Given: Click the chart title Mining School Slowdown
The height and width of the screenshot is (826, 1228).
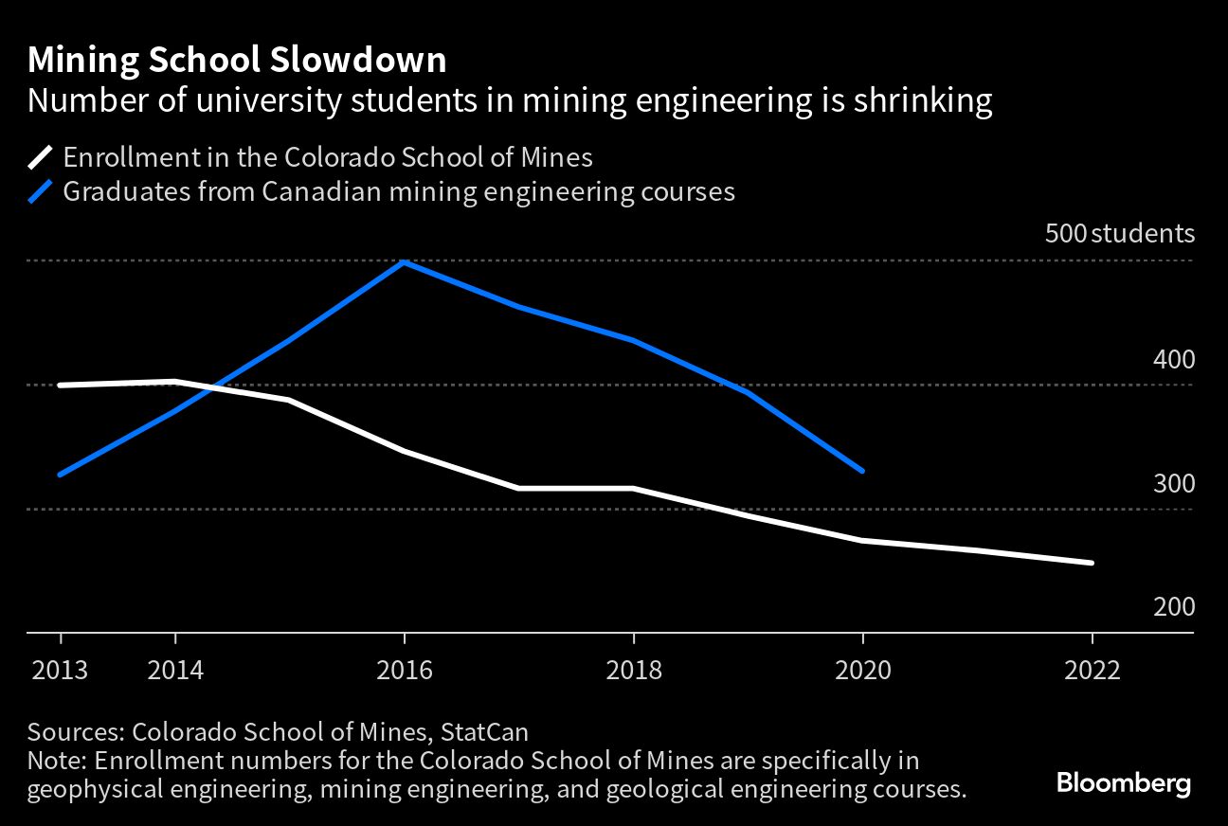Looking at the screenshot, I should (x=237, y=61).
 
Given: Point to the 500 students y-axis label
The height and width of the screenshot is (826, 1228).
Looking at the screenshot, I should (x=1119, y=234).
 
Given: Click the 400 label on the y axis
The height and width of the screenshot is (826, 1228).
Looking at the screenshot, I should (x=1174, y=360).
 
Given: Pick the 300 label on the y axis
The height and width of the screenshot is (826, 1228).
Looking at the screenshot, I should (x=1174, y=484).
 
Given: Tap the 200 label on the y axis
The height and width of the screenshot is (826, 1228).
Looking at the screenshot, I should (x=1174, y=607).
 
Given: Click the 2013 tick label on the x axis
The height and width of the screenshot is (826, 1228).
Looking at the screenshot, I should (x=61, y=671).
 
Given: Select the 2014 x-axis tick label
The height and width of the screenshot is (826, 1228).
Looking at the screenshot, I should (x=175, y=671).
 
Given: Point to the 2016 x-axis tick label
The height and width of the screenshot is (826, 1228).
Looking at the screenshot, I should (x=405, y=671).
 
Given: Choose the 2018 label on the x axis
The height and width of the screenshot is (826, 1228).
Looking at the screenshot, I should (x=634, y=671).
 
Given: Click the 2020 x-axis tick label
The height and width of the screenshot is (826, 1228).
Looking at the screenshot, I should (x=863, y=671).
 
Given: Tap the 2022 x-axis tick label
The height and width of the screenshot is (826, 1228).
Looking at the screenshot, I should (x=1093, y=671).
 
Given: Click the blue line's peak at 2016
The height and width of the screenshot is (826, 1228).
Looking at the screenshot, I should (x=405, y=262).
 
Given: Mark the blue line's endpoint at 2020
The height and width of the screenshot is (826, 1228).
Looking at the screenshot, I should (x=862, y=471).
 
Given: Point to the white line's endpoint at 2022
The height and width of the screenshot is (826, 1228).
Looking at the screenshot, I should (x=1092, y=563).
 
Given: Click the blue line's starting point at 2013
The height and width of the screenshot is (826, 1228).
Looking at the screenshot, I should (x=61, y=475).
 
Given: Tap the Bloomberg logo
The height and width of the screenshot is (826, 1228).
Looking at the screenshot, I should (x=1123, y=784).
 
